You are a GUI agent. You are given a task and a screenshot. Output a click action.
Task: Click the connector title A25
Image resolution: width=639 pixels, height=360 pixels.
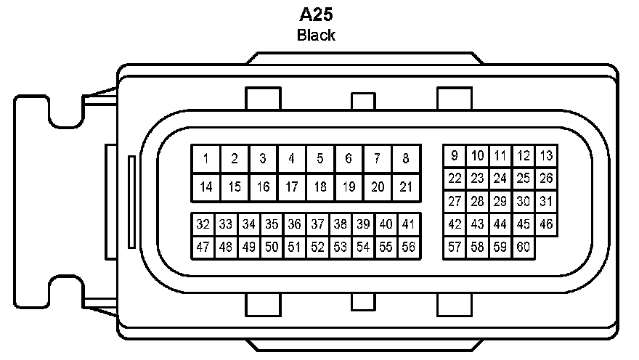(316, 14)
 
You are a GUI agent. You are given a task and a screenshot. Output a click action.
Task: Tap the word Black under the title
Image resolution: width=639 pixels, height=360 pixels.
(316, 35)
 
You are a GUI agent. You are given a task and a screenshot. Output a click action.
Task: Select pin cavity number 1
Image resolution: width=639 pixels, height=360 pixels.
(206, 159)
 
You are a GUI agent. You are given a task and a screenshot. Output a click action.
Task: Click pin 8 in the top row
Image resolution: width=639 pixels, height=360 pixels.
(405, 159)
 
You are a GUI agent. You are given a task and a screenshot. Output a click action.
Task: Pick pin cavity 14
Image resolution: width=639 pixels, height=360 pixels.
(206, 187)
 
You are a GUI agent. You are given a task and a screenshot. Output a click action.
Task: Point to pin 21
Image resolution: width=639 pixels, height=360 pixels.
(405, 187)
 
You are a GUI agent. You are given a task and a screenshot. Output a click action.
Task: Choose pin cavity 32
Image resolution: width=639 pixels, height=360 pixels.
(203, 224)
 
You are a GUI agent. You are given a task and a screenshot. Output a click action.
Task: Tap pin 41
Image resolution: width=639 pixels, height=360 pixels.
(408, 224)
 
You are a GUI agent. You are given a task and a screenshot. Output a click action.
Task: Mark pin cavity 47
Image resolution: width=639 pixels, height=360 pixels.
(203, 247)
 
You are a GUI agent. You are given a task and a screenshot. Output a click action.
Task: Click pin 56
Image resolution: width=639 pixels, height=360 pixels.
(408, 247)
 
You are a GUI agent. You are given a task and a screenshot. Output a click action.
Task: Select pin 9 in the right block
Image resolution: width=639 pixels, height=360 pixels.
(455, 155)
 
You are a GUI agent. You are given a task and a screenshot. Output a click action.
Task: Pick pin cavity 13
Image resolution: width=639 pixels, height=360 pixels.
(546, 155)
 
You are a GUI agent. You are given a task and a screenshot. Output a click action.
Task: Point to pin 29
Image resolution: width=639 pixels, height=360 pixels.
(500, 202)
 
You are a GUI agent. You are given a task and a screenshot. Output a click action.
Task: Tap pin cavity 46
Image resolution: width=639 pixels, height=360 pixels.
(546, 224)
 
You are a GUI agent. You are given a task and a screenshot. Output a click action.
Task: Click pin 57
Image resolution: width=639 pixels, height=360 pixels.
(455, 247)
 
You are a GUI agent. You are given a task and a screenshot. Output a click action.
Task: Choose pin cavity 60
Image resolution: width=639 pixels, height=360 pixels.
(523, 247)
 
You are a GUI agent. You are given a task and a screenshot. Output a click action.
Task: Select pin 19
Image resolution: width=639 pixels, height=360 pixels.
(349, 187)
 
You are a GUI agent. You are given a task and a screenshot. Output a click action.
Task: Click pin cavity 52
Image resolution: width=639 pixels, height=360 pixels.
(317, 247)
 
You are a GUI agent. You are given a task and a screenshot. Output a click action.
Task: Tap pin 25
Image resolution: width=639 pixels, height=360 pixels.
(523, 178)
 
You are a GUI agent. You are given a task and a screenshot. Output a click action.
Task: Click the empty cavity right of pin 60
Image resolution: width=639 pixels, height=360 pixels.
(546, 247)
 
